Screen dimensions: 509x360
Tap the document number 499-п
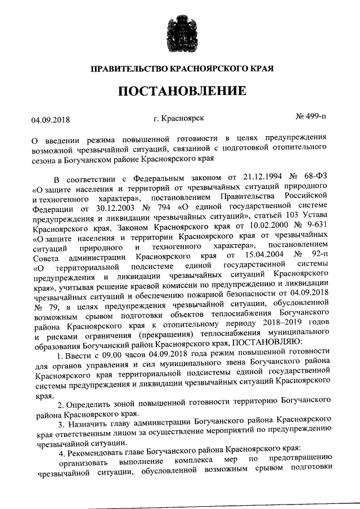tap(311, 116)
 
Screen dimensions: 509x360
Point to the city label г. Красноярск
tap(178, 117)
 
